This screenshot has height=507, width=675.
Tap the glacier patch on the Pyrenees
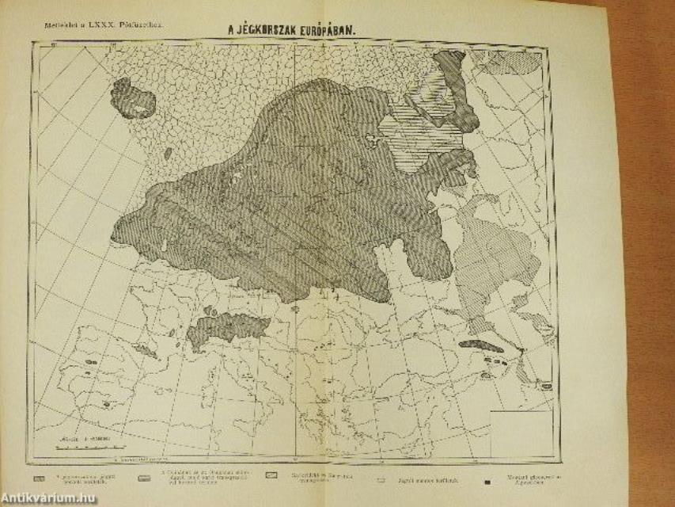pyautogui.click(x=145, y=349)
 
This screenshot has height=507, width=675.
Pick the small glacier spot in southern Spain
pyautogui.click(x=105, y=404)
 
